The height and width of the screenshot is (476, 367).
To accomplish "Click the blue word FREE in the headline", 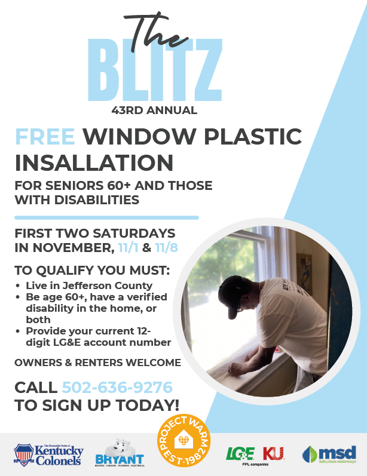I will click(x=45, y=137).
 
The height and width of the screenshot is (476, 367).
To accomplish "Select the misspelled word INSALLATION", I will click(x=94, y=162).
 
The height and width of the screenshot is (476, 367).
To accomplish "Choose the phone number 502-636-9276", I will click(x=117, y=387).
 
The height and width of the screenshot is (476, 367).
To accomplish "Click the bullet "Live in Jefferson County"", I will click(x=88, y=285).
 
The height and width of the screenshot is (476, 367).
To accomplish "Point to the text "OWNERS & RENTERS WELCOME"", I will click(x=97, y=363).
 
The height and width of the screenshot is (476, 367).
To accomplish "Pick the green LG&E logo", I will click(x=240, y=454).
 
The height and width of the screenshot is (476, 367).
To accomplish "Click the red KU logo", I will click(x=273, y=453).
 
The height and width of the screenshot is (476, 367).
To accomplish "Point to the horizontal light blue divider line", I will click(x=106, y=217).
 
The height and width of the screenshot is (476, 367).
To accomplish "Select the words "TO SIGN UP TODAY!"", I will click(x=97, y=405).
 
